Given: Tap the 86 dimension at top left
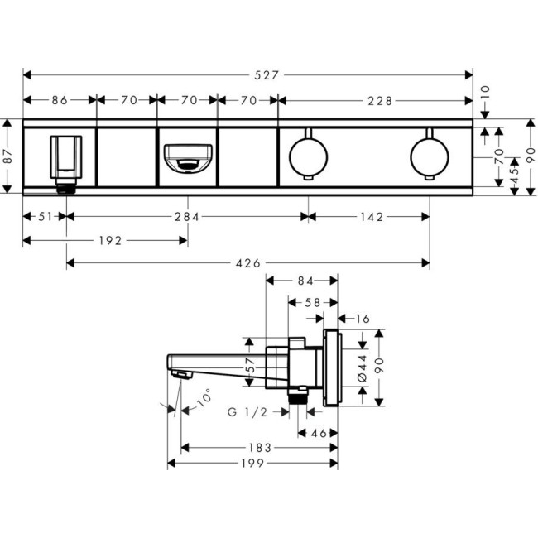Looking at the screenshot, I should pos(60,101).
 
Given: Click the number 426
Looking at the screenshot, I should pos(247,263).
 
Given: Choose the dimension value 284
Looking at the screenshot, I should pos(186,218).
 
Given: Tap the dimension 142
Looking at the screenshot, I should pos(372,218).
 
